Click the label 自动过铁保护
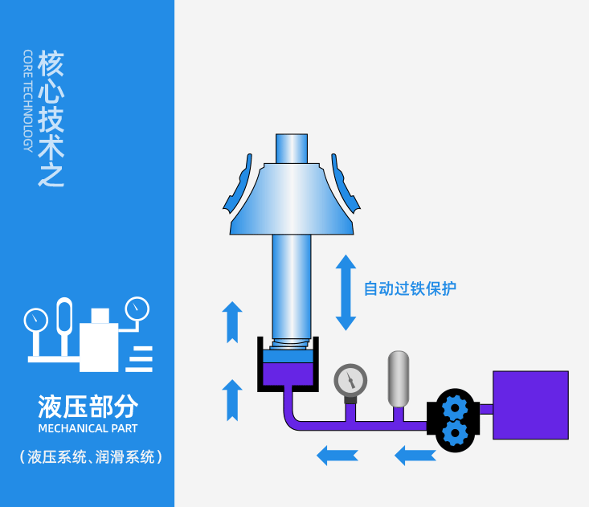[410, 288]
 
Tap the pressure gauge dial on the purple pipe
[350, 380]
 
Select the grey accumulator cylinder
[399, 379]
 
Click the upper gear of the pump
[455, 407]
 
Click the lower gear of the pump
[455, 433]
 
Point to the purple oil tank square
[530, 405]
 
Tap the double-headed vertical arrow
[346, 292]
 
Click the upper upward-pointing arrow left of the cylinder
[232, 322]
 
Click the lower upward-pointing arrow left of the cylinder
[232, 400]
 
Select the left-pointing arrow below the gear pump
[415, 455]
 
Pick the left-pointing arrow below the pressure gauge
[337, 455]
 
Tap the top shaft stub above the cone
[292, 149]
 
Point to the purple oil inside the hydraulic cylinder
[288, 374]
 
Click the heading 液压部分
[88, 407]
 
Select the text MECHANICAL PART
[88, 428]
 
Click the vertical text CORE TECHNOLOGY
[28, 100]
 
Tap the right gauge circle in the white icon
[137, 309]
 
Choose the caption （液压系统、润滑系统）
[91, 457]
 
